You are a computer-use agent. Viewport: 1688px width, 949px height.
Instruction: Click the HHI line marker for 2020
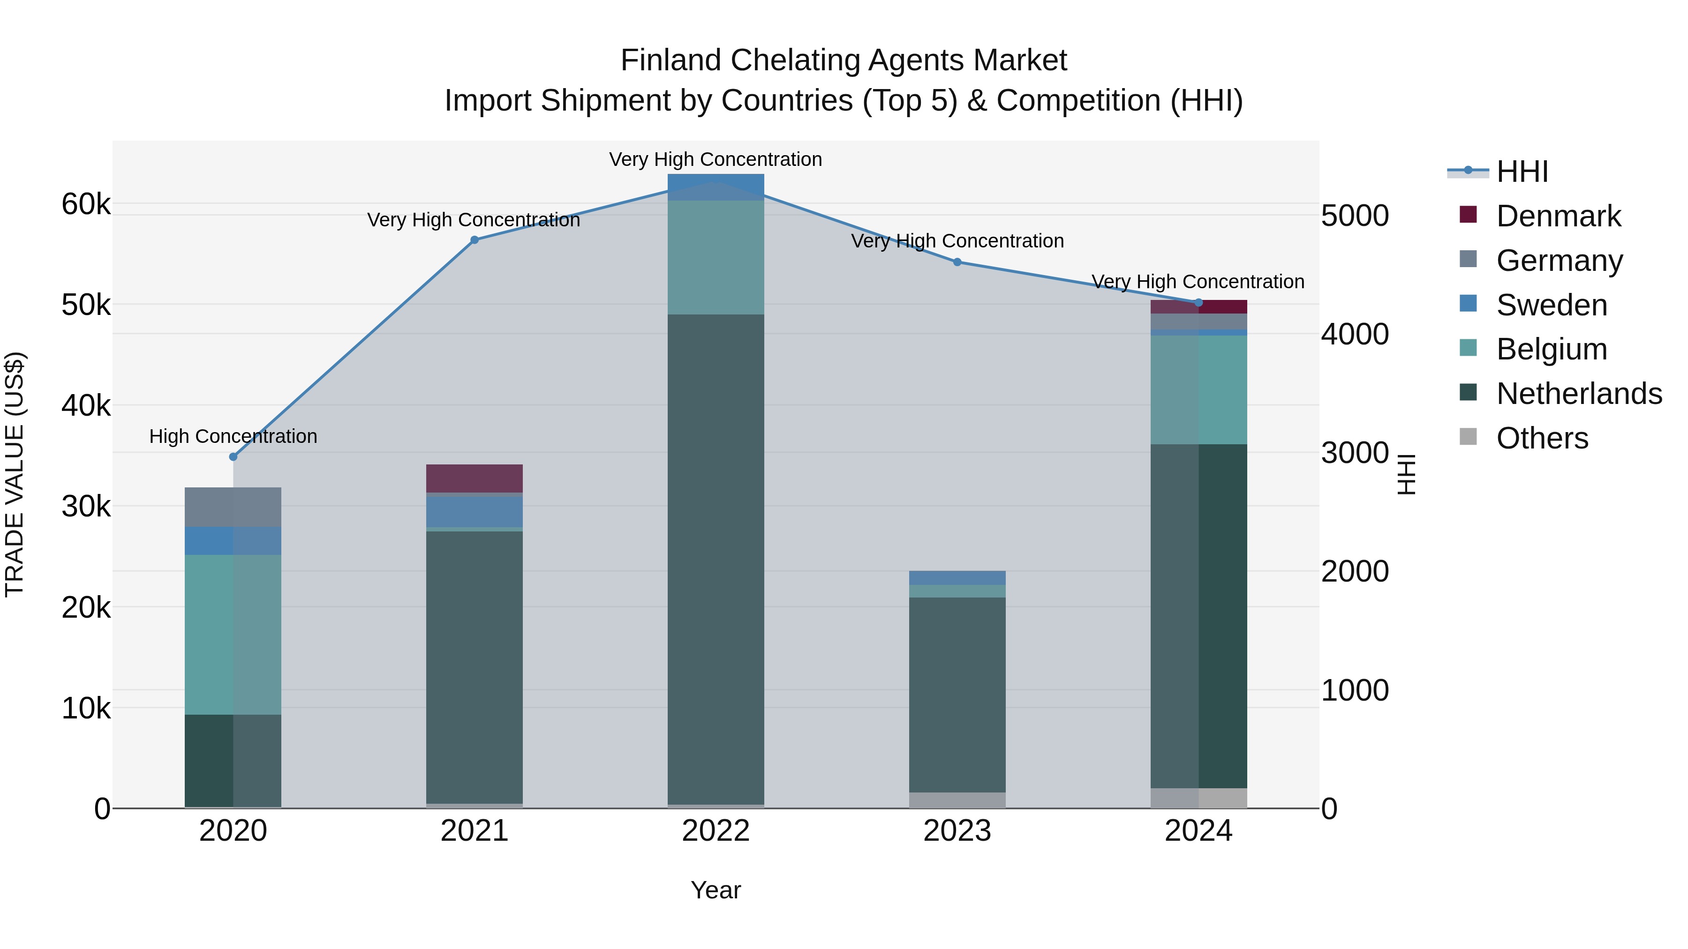coord(234,456)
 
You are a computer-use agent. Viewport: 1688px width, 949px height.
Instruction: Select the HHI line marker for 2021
coord(475,239)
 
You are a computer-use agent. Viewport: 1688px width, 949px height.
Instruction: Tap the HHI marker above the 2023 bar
coord(957,262)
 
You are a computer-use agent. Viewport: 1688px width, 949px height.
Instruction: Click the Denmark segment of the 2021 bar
coord(475,478)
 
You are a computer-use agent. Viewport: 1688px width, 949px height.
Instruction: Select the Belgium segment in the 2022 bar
coord(716,257)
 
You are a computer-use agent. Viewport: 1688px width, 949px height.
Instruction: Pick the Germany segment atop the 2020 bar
coord(234,507)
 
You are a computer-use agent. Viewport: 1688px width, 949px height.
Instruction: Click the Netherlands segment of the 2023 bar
coord(957,694)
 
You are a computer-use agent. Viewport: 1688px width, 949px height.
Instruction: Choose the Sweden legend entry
coord(1552,305)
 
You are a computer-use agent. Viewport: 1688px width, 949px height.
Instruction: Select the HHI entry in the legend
coord(1522,172)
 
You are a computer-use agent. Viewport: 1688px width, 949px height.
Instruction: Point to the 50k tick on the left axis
coord(86,305)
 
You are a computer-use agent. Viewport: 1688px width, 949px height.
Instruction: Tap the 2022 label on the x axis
coord(716,831)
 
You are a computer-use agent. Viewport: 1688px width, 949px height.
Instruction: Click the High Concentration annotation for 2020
coord(234,436)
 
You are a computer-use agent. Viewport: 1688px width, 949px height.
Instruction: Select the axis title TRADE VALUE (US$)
coord(15,474)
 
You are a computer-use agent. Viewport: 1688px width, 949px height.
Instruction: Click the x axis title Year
coord(716,890)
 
